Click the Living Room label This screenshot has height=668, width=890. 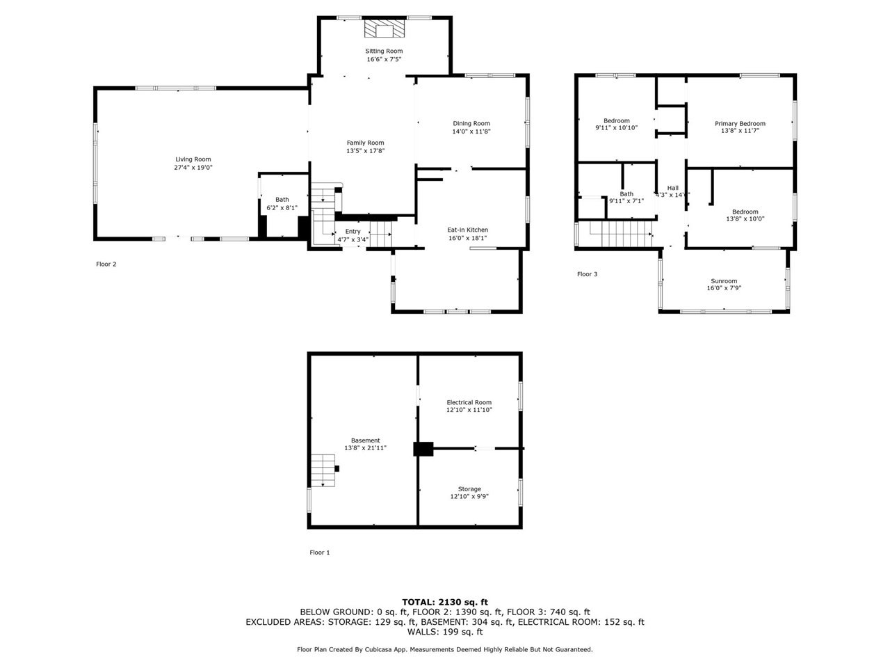(x=193, y=159)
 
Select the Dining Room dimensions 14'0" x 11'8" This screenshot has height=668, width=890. (x=471, y=132)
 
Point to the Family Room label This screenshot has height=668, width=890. (x=365, y=143)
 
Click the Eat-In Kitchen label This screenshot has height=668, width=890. (x=467, y=230)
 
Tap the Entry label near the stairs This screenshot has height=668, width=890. (x=353, y=232)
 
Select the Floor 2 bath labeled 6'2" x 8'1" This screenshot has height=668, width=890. (x=282, y=203)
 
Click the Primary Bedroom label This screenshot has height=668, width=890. (x=740, y=124)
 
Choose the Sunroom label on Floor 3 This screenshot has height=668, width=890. (x=724, y=281)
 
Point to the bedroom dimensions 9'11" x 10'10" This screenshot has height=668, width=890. (x=616, y=128)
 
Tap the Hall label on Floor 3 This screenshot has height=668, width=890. (x=672, y=188)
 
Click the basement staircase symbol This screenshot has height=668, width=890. (x=323, y=471)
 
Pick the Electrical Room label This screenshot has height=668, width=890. (x=469, y=402)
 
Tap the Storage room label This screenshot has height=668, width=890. (x=469, y=489)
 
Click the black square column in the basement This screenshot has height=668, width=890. (x=423, y=449)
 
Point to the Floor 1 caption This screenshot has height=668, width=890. (x=320, y=552)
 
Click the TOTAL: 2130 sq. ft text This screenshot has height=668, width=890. (x=445, y=602)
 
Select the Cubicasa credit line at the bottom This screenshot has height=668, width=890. (x=445, y=649)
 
